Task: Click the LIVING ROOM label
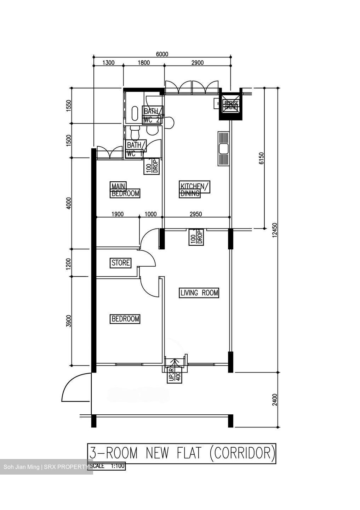[199, 293]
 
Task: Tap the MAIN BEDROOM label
[125, 190]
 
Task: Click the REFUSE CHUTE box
[232, 105]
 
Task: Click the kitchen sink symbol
[224, 149]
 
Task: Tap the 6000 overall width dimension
[162, 54]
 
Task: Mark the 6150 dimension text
[262, 158]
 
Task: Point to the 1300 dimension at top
[108, 63]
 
